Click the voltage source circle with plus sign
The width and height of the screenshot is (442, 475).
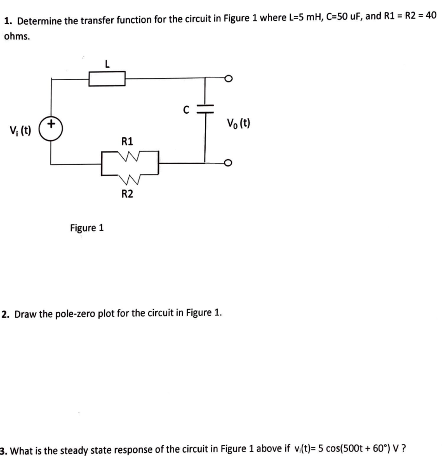(51, 126)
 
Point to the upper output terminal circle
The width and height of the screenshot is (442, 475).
(227, 79)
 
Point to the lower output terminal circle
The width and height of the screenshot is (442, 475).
(227, 163)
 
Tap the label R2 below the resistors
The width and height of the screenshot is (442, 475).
(127, 194)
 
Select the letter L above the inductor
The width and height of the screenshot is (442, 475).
(107, 65)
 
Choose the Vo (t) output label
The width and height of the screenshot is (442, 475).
(239, 123)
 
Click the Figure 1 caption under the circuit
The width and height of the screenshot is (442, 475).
(87, 228)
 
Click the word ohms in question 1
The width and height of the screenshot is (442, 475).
(17, 37)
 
